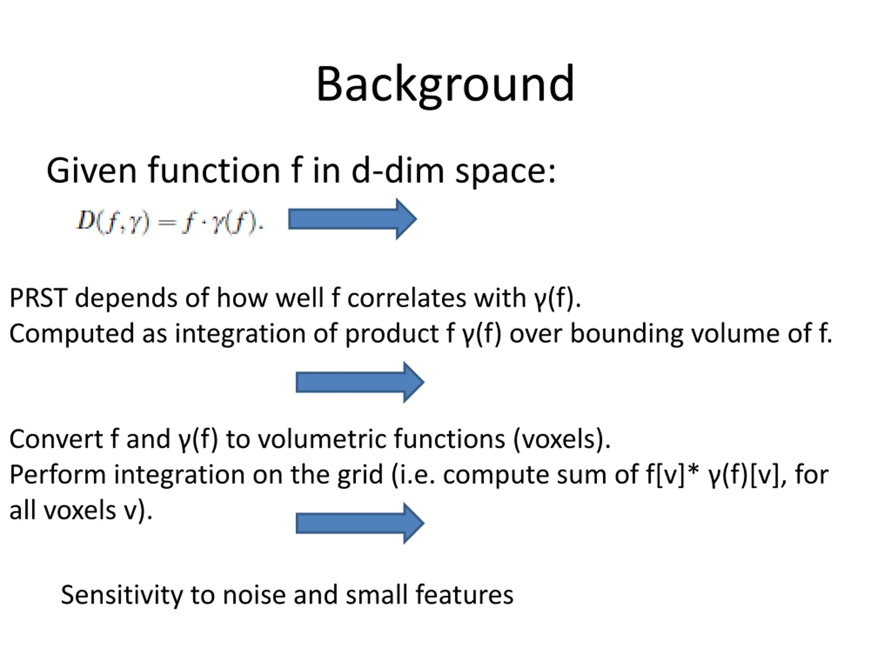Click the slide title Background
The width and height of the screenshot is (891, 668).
point(445,85)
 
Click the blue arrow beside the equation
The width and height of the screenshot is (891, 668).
point(353,220)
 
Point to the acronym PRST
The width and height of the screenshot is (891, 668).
point(38,299)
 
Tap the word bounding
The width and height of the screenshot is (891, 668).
point(626,334)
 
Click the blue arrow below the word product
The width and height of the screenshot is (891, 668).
point(360,382)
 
